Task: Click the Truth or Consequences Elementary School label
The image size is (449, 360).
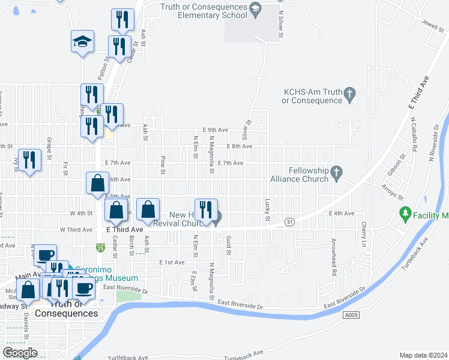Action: [x=204, y=11]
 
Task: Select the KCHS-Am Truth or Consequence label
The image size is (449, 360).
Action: [x=312, y=96]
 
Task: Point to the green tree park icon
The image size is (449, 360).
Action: [x=405, y=214]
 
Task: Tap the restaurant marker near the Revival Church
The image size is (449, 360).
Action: [x=206, y=210]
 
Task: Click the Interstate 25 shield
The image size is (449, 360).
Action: [x=98, y=247]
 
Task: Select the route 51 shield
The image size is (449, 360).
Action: [x=290, y=221]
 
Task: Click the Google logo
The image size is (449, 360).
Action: [x=20, y=353]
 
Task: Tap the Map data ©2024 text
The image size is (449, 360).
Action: [x=423, y=355]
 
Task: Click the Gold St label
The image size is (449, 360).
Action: [x=229, y=245]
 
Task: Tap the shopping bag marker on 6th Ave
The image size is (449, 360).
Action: [x=97, y=183]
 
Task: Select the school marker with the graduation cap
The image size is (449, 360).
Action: [x=83, y=41]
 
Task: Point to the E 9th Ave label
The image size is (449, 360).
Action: [x=215, y=130]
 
